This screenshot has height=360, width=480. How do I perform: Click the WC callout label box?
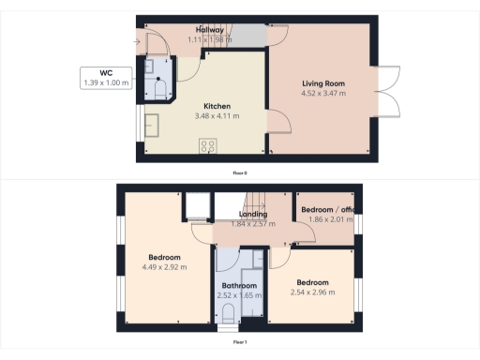(x=106, y=77)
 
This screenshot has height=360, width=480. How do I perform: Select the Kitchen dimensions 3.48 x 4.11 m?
(x=217, y=115)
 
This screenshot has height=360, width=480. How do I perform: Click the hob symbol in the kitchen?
(x=207, y=145)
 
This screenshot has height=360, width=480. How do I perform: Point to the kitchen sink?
(x=151, y=127)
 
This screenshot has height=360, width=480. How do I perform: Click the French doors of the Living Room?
(x=391, y=93)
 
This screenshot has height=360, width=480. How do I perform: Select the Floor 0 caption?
(x=240, y=172)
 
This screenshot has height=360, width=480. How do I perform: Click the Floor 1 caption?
(x=240, y=342)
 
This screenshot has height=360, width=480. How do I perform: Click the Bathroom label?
(x=238, y=286)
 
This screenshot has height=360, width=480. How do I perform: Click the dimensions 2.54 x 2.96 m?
(x=312, y=292)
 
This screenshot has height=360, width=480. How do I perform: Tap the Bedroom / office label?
(x=327, y=209)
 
